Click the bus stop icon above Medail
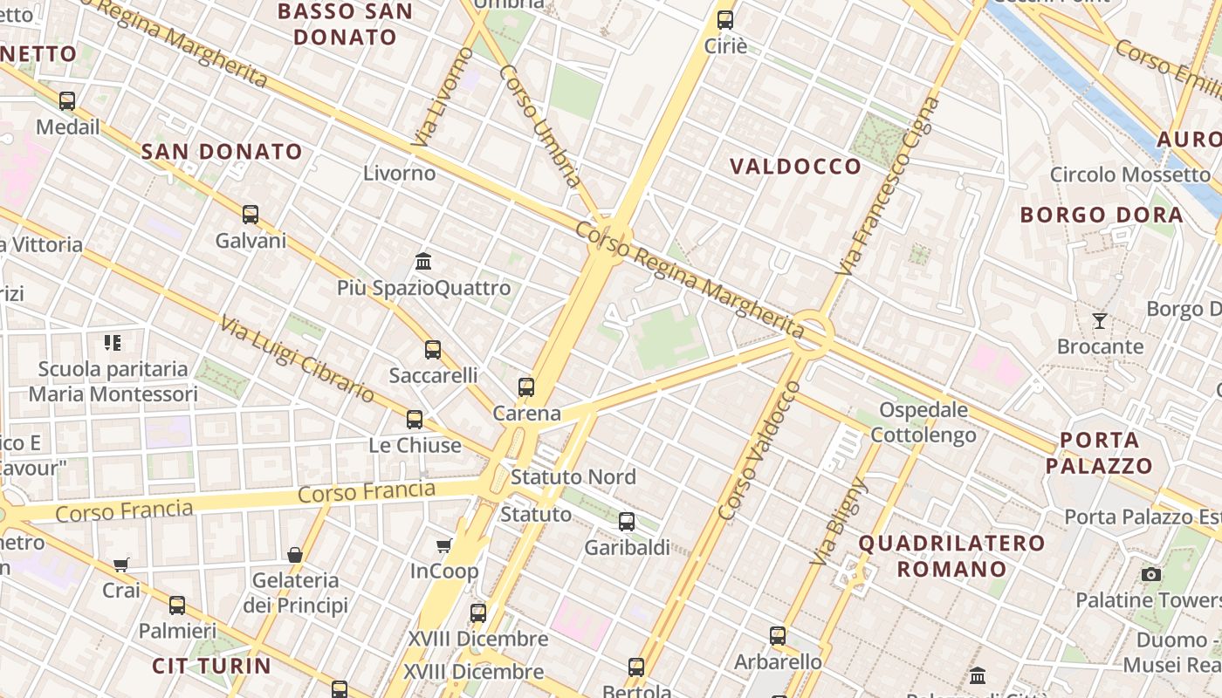coord(67,101)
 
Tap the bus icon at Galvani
coord(251,214)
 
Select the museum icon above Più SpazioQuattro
coord(423,261)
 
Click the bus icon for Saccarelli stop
coord(433,350)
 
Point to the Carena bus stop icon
coord(526,387)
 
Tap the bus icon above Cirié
coord(725,19)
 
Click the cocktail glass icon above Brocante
coord(1100,321)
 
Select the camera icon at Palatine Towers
coord(1151,574)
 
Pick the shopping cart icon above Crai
coord(121,565)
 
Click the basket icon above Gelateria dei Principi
coord(295,555)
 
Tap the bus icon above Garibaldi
coord(627,522)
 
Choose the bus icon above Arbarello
coord(778,636)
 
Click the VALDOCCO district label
coord(795,167)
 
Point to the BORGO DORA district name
coord(1102,215)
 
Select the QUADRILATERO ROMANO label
coord(951,556)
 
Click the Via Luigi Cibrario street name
coord(297,359)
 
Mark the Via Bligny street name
coord(839,522)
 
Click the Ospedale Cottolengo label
coord(923,422)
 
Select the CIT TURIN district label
coord(211,666)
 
